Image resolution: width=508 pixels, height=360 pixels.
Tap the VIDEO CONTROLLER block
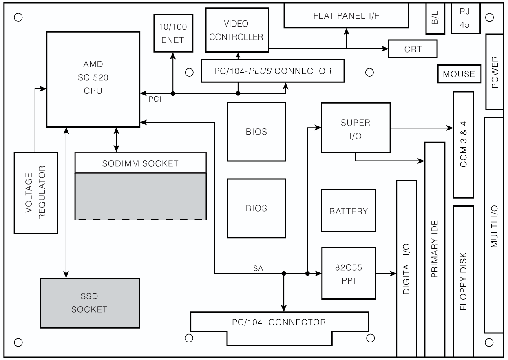coord(237,31)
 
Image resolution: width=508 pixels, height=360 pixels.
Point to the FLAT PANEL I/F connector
coord(346,16)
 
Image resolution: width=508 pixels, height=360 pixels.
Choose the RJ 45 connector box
coord(465,19)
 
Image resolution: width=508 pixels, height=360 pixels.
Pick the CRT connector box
coord(413,49)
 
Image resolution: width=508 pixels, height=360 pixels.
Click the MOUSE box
coord(459,74)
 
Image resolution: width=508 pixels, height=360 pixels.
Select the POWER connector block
coord(495,72)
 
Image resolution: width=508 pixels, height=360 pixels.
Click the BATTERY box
coord(348,211)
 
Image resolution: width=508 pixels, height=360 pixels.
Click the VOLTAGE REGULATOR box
coord(35,193)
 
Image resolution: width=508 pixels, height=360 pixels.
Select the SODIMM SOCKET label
coord(141,163)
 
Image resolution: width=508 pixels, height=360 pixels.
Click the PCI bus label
coord(155,99)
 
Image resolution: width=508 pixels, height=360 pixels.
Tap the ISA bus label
coord(257,268)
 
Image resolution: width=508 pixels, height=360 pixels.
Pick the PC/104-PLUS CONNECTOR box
coord(273,71)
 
